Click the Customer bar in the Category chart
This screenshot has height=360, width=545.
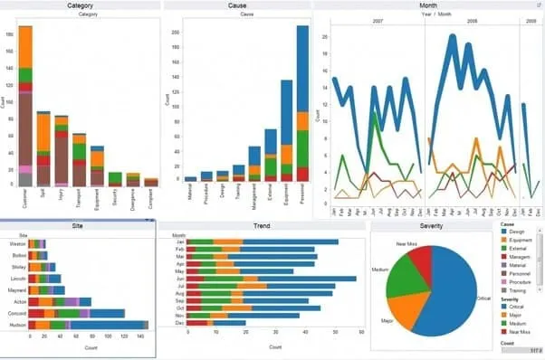25,109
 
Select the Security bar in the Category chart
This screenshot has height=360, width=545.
115,178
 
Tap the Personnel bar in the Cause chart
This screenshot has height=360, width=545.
302,109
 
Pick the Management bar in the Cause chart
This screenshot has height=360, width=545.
254,163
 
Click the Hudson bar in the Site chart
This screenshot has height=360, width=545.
86,324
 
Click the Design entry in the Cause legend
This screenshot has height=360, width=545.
519,232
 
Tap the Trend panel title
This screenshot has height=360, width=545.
262,224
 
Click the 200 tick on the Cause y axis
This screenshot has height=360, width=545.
175,33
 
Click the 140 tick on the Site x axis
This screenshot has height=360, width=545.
139,336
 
